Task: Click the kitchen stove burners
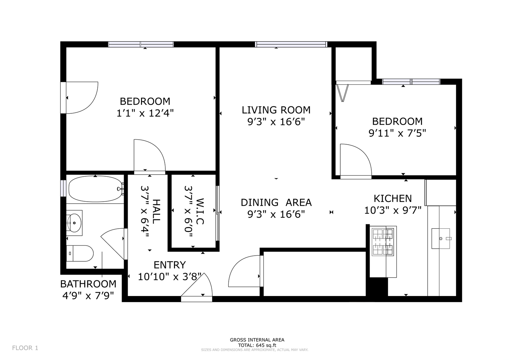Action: click(383, 242)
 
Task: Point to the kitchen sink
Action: click(441, 238)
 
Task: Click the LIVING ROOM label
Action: click(276, 110)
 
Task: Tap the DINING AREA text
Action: click(276, 203)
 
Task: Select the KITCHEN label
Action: click(393, 198)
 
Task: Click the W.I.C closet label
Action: click(200, 211)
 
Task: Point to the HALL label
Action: click(156, 211)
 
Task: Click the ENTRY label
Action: click(170, 265)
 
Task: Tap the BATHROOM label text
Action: click(88, 284)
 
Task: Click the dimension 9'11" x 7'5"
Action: click(397, 133)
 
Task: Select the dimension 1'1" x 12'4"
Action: click(145, 113)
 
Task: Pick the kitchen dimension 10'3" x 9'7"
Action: click(393, 210)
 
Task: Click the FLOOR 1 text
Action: click(25, 348)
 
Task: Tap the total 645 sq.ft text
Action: click(257, 345)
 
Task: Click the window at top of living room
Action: click(291, 44)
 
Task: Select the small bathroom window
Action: click(63, 188)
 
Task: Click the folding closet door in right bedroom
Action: click(343, 93)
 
